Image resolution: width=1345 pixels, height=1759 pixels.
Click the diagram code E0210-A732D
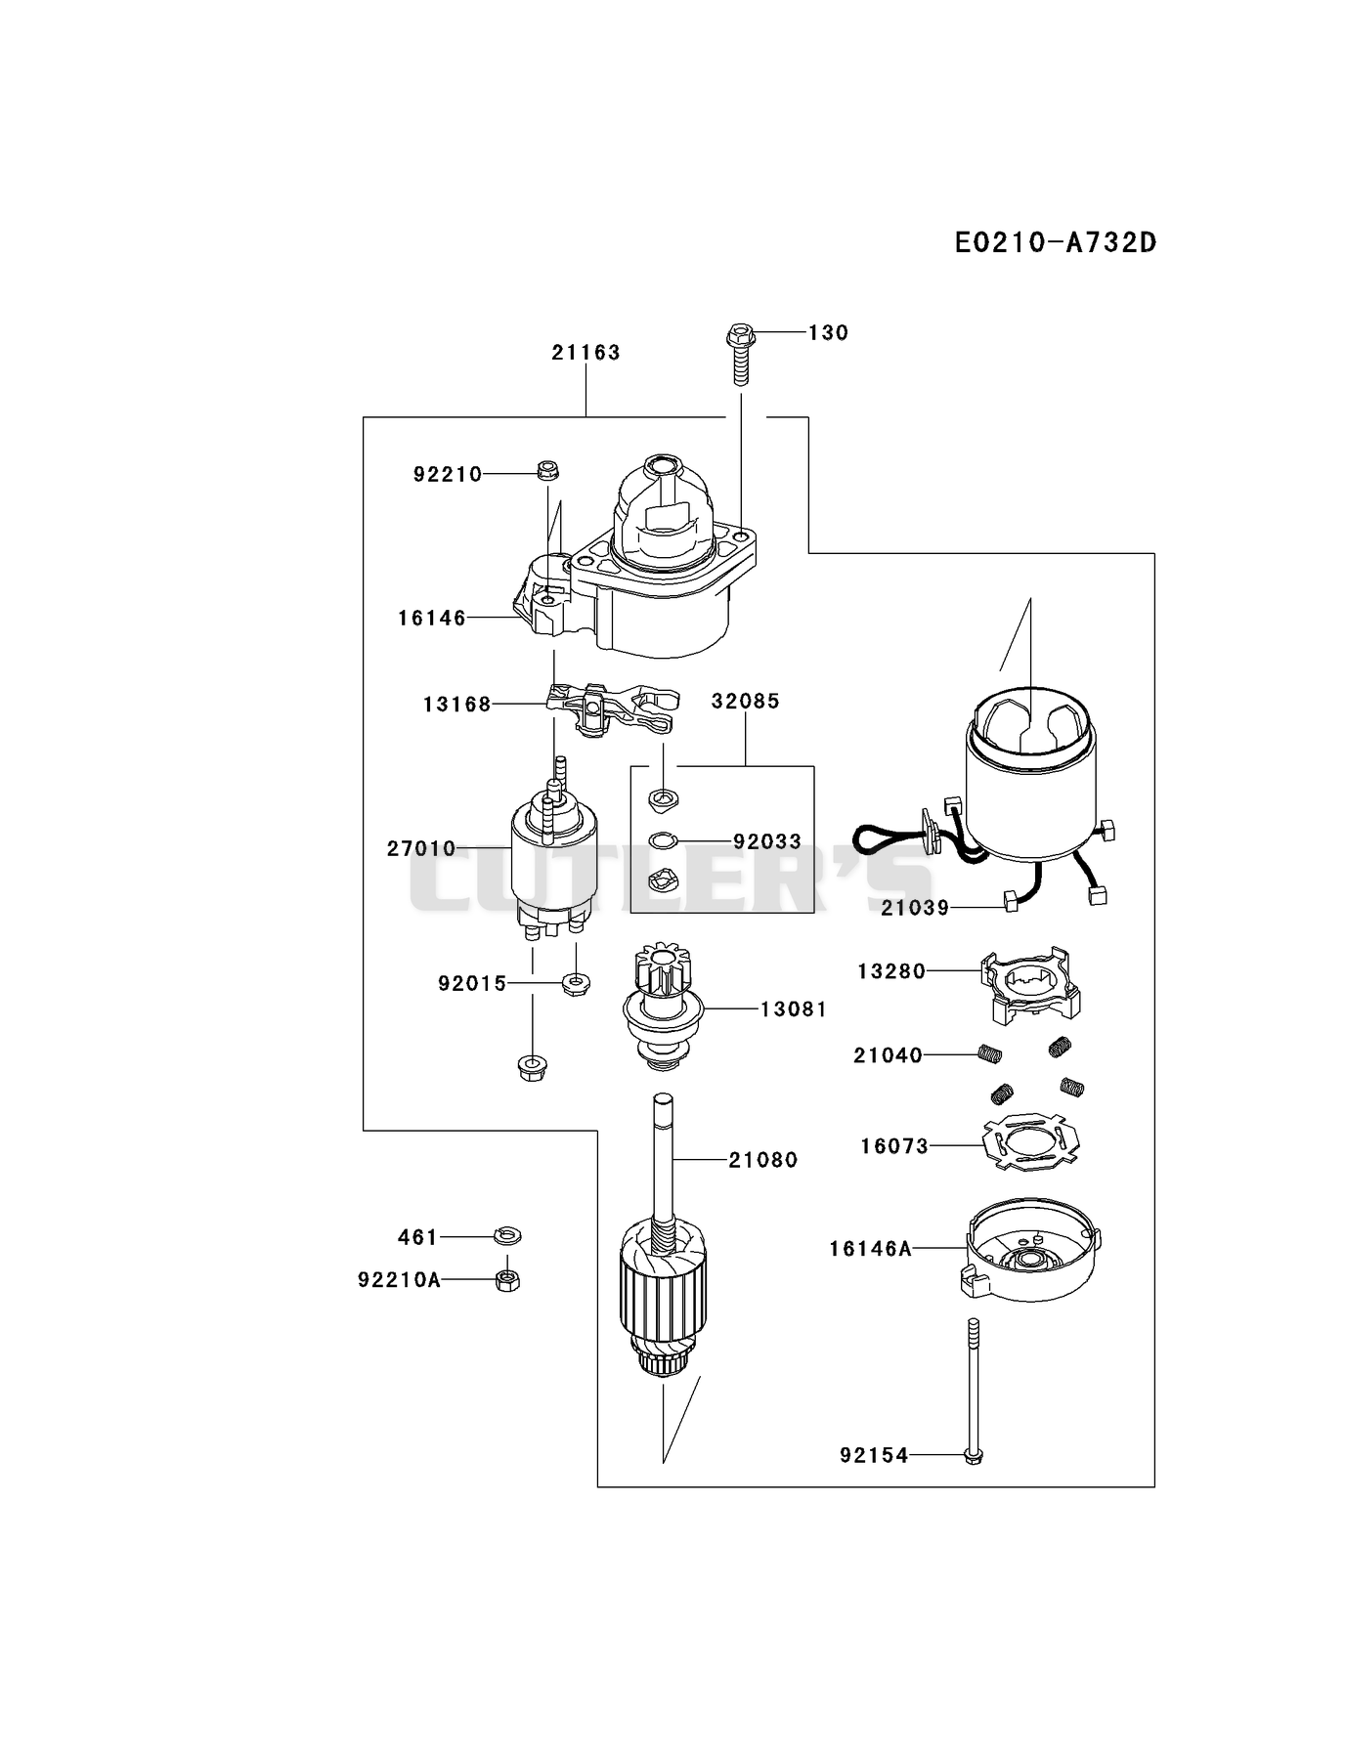tap(1056, 242)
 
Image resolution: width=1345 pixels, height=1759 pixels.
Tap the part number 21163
tap(586, 352)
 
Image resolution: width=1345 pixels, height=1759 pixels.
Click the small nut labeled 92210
tap(547, 470)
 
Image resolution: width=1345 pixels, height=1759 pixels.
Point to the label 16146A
tap(870, 1248)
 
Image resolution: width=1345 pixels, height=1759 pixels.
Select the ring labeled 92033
tap(663, 839)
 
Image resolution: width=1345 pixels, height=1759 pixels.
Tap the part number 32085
tap(745, 701)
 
